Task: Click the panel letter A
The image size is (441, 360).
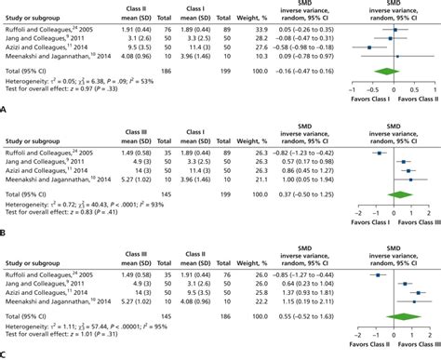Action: (6, 108)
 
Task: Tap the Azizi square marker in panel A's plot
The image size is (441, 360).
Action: (369, 47)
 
